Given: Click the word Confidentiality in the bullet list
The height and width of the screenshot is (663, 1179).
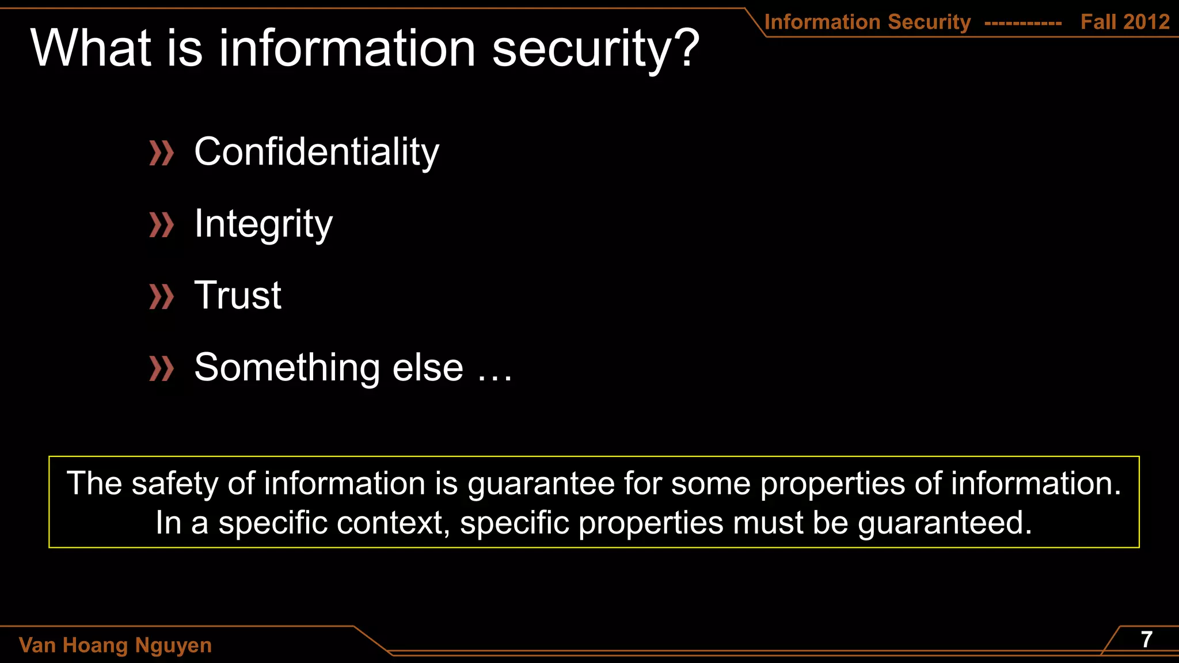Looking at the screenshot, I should tap(317, 152).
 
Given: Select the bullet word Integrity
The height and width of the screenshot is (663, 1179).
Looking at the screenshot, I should tap(263, 224).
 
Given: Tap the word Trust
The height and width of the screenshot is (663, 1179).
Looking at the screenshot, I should tap(238, 296).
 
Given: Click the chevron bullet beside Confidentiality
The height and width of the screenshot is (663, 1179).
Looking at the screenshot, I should tap(161, 153).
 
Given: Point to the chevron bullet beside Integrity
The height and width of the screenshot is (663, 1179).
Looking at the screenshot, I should tap(161, 225).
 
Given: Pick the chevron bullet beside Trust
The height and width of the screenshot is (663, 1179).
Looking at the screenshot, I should tap(161, 297).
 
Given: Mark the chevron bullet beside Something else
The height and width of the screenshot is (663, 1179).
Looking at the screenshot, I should tap(161, 369).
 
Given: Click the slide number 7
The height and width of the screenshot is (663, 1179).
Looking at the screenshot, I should tap(1146, 639).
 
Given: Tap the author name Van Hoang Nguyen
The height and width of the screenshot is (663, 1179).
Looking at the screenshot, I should tap(115, 645).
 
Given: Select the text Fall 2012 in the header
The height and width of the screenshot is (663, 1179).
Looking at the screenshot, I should tap(1125, 22).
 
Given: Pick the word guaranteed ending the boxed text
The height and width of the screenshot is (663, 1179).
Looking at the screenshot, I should tap(944, 523).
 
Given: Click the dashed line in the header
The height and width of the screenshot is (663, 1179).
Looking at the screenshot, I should tap(1023, 24).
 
